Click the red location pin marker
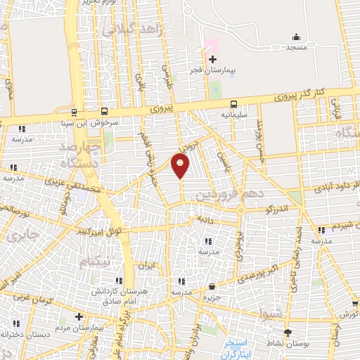point(181,166)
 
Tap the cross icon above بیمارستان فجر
point(213,59)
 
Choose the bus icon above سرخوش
point(104,111)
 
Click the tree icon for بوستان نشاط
point(287,332)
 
